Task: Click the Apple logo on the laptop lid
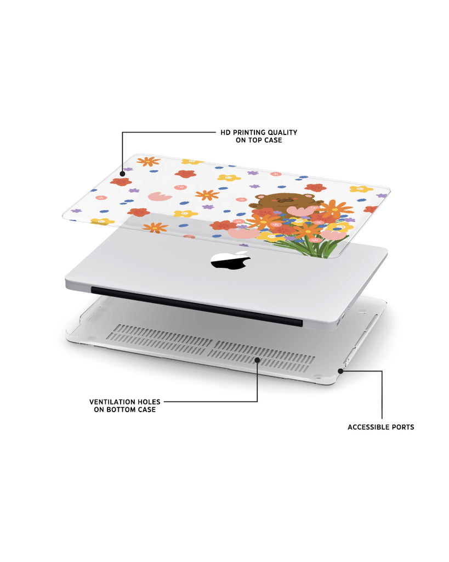point(230,261)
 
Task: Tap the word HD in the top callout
point(225,133)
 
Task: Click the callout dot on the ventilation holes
point(257,359)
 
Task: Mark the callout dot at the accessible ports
point(340,371)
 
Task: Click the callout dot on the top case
point(122,174)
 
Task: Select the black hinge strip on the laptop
point(197,306)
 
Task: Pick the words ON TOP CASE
point(259,140)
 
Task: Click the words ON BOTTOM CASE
point(124,409)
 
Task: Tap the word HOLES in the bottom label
point(150,402)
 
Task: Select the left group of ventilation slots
point(160,339)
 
